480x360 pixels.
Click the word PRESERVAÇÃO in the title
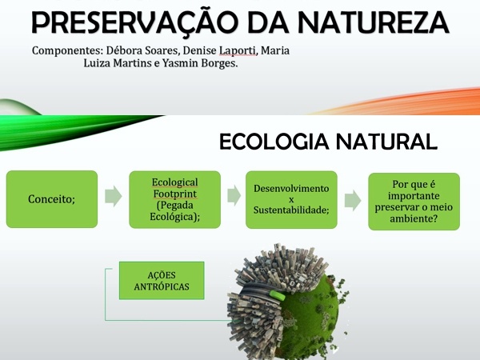point(135,22)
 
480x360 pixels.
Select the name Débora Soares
point(142,50)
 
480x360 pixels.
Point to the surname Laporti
point(238,50)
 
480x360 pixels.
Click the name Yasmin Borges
point(200,63)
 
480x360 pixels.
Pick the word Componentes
point(67,51)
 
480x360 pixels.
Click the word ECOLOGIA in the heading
point(274,142)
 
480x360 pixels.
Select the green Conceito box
point(52,199)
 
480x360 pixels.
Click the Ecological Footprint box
point(174,199)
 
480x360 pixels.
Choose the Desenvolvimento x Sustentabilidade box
point(291,199)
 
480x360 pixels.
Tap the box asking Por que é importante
point(414,202)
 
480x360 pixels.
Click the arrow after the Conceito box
point(114,196)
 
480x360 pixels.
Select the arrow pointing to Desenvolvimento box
point(234,195)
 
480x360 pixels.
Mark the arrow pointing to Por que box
point(353,201)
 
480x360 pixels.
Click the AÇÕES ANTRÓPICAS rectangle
point(162,281)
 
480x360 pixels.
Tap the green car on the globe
point(278,295)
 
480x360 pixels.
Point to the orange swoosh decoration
point(398,102)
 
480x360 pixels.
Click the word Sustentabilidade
point(291,210)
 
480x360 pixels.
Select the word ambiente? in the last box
point(414,218)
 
